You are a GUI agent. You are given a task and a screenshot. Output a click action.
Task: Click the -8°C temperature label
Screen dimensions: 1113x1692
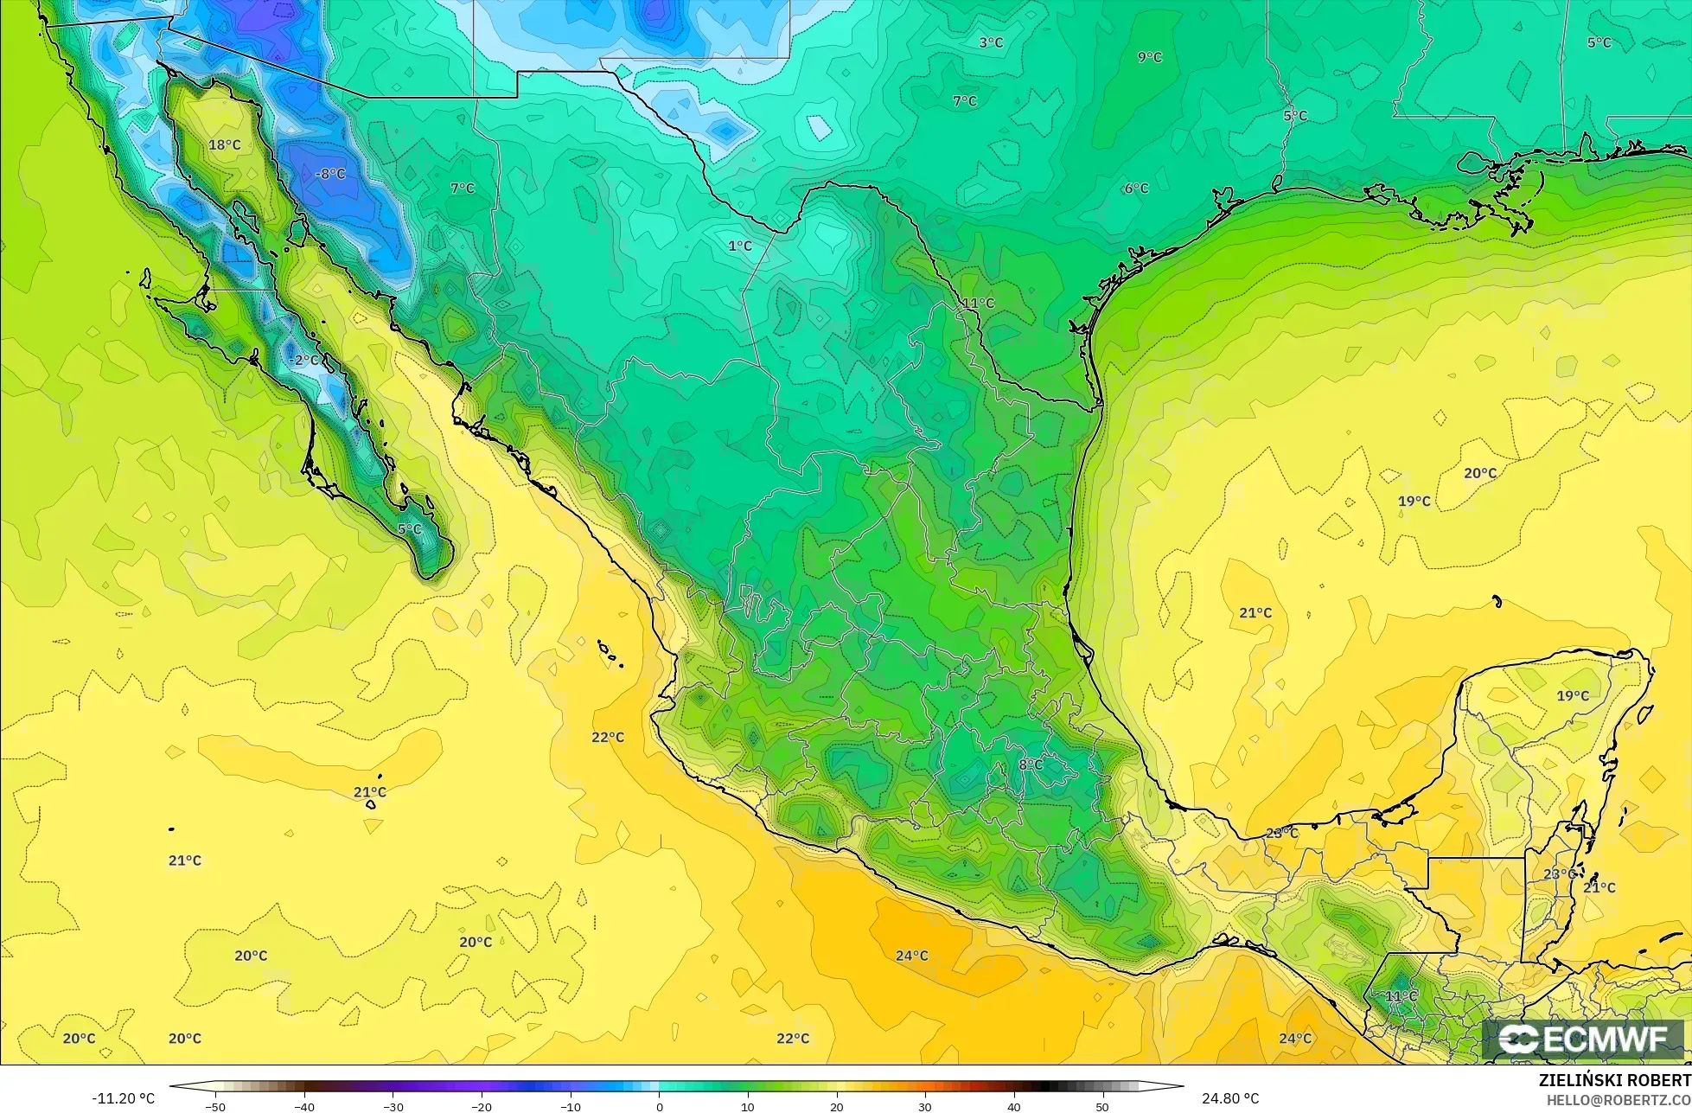[x=329, y=174]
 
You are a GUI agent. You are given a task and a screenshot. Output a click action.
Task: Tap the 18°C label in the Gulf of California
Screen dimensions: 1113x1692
[x=225, y=144]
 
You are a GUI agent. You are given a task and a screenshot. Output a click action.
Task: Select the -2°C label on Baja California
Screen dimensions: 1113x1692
[x=303, y=360]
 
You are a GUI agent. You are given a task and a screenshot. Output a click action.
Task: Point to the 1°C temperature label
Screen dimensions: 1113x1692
[x=739, y=246]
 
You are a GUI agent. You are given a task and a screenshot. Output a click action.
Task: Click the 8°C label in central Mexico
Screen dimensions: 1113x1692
[x=1030, y=764]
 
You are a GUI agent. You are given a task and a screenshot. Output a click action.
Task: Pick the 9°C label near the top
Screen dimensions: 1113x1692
[x=1149, y=57]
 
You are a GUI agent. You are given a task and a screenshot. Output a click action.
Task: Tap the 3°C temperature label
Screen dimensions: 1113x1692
[x=990, y=42]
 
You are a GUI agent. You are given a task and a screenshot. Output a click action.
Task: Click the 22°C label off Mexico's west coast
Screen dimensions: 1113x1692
[x=607, y=737]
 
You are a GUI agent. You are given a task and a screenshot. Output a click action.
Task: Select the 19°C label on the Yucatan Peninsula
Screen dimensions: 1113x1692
[x=1572, y=695]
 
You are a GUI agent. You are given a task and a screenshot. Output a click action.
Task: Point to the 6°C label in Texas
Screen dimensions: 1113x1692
[x=1136, y=188]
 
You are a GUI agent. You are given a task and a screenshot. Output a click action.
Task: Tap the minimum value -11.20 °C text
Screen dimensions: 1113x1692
[x=123, y=1098]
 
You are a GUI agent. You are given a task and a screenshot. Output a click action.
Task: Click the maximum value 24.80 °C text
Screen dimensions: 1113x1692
[x=1229, y=1098]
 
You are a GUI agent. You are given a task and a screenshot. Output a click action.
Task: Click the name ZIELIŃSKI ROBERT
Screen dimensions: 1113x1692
[x=1614, y=1080]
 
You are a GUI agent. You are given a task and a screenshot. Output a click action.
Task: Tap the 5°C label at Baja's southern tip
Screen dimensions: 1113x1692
[x=409, y=528]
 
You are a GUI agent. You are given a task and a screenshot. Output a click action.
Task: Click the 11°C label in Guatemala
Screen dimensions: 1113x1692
[x=1401, y=996]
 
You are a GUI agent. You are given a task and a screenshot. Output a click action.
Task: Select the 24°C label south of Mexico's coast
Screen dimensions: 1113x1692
[x=911, y=956]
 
